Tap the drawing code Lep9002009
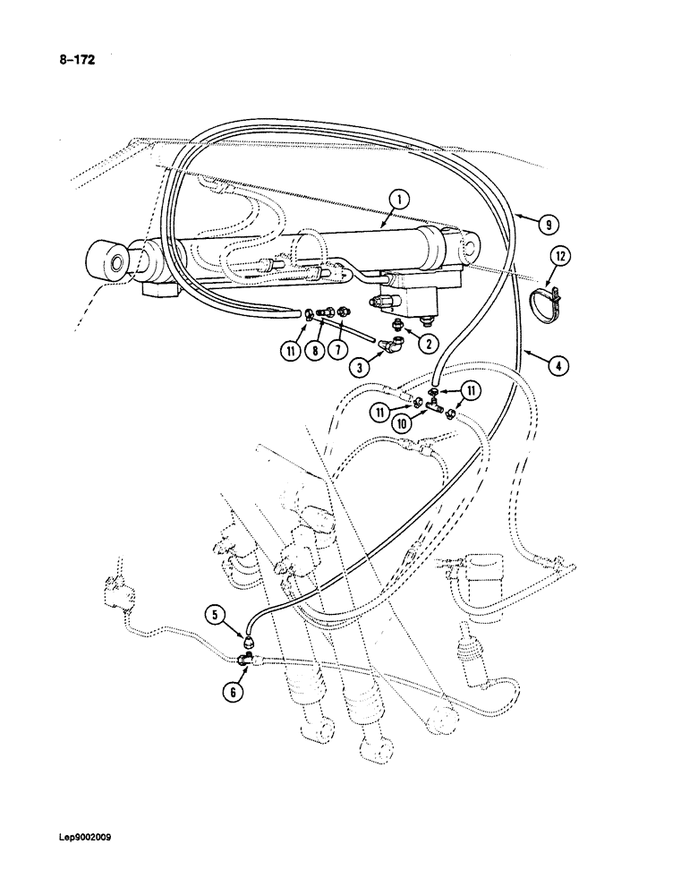(x=87, y=839)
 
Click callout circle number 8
(x=312, y=352)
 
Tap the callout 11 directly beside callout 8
(x=290, y=352)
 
